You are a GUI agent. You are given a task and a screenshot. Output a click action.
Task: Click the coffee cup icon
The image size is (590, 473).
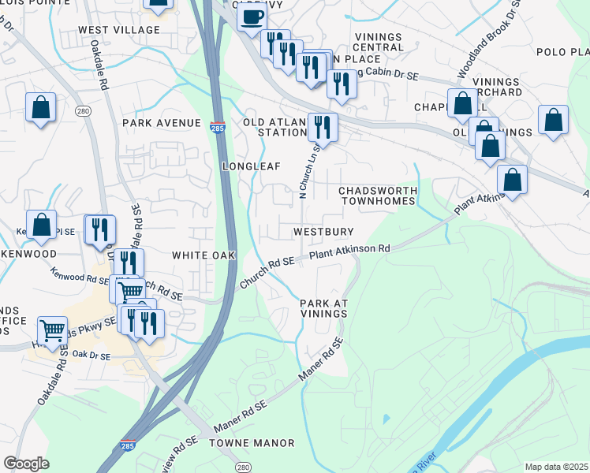pyautogui.click(x=252, y=17)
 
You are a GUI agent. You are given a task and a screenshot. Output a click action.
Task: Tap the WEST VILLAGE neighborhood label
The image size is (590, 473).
pyautogui.click(x=119, y=30)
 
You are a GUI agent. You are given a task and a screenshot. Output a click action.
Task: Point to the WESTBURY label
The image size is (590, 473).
pyautogui.click(x=322, y=233)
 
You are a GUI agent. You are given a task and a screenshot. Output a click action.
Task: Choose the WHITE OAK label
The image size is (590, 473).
pyautogui.click(x=204, y=256)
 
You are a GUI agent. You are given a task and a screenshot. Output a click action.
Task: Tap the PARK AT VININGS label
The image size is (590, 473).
pyautogui.click(x=323, y=308)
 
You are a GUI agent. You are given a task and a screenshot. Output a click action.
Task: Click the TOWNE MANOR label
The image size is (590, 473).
pyautogui.click(x=241, y=444)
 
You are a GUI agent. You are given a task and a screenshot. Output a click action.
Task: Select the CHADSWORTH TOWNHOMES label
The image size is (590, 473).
pyautogui.click(x=376, y=196)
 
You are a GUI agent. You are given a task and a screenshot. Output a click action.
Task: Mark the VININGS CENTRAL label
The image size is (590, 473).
pyautogui.click(x=379, y=42)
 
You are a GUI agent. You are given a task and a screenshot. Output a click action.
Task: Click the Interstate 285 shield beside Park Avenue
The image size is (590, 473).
pyautogui.click(x=218, y=127)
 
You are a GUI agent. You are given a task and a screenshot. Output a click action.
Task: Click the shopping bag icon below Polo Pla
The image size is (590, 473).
pyautogui.click(x=554, y=120)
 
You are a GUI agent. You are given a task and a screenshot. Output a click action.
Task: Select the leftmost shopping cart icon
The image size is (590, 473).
pyautogui.click(x=52, y=330)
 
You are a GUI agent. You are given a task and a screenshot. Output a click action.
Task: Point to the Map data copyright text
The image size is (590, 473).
pyautogui.click(x=557, y=467)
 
